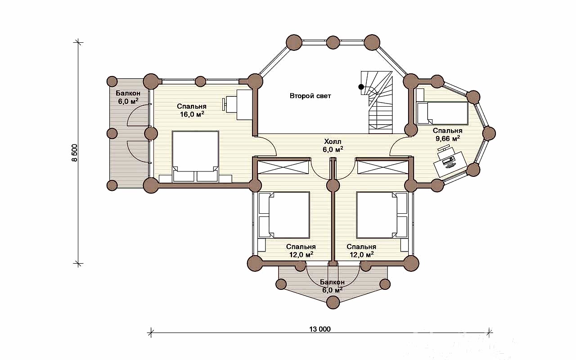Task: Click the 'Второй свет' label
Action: click(x=310, y=96)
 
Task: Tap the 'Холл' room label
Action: click(x=333, y=142)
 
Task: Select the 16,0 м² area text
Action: click(x=192, y=114)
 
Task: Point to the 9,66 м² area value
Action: click(x=447, y=139)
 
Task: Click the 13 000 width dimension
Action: click(x=320, y=329)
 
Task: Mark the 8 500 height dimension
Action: click(x=74, y=153)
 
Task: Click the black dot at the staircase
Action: click(x=361, y=87)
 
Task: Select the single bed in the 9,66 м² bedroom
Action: click(x=442, y=113)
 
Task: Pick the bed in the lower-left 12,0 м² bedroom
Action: click(x=283, y=215)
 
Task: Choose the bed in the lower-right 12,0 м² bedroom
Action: click(x=382, y=215)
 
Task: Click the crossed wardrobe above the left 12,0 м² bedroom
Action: click(x=283, y=167)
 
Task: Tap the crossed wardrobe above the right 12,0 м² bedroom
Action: click(x=383, y=167)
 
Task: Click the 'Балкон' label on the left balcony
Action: click(x=128, y=93)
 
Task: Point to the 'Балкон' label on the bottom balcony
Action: click(x=332, y=282)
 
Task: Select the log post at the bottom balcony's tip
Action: click(x=333, y=302)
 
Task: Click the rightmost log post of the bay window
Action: click(x=489, y=134)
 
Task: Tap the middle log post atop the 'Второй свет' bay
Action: click(x=333, y=42)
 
